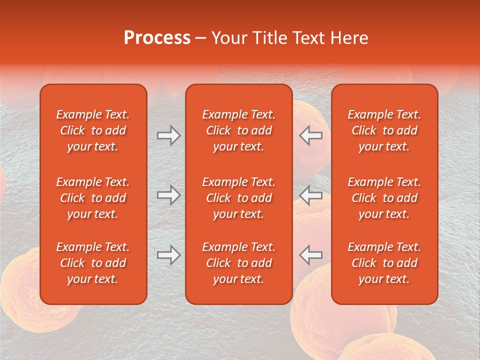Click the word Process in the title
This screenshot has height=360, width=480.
157,38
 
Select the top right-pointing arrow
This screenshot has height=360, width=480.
169,135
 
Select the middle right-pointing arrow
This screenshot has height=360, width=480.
169,195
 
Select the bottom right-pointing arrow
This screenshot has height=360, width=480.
169,255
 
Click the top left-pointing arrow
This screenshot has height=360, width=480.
310,135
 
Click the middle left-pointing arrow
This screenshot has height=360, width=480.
310,195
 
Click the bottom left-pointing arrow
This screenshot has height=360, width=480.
310,255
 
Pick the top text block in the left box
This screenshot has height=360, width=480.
93,130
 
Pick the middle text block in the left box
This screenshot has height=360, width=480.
93,198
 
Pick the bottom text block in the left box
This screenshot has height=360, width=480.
93,263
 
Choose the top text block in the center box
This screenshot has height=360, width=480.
238,130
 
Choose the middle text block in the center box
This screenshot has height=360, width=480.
238,198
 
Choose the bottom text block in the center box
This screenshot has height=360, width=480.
238,263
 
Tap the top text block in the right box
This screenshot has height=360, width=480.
384,130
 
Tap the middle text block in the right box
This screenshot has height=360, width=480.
384,198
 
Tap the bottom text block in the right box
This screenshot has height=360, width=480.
384,263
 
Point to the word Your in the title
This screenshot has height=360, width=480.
229,38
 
